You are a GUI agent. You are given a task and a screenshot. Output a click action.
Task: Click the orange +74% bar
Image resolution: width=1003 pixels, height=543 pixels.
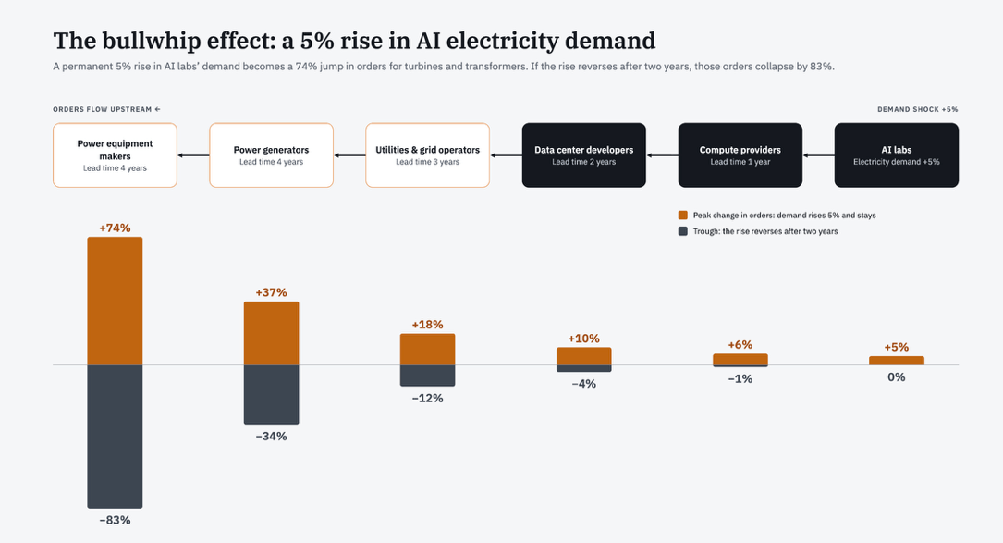pos(116,301)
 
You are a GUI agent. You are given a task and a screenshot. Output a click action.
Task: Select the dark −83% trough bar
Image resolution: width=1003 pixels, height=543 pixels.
pos(116,437)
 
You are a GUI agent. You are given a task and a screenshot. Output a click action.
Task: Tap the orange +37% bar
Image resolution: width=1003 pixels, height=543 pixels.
pos(271,333)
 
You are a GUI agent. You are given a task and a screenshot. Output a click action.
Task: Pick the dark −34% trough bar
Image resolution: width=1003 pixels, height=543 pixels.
pos(271,394)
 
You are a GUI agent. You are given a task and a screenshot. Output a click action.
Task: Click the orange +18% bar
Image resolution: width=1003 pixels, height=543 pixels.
pos(427,349)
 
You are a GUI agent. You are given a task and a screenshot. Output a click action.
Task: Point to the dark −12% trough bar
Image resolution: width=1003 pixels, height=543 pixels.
pos(427,376)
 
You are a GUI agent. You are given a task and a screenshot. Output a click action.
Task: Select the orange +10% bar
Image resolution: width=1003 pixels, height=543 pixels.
pos(584,356)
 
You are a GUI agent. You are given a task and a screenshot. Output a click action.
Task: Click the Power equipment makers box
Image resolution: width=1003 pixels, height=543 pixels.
pos(116,155)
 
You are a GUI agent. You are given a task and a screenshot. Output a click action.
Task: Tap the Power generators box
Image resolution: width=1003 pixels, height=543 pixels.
pos(271,155)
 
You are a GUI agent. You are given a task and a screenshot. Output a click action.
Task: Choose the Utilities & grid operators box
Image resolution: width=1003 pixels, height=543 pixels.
pos(427,155)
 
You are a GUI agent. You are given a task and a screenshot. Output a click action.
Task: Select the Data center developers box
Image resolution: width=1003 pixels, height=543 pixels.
pos(584,155)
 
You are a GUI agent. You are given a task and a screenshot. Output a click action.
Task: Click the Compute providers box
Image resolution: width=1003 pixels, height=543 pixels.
pos(740,155)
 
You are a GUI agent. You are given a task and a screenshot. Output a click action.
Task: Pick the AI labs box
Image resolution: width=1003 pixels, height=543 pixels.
pos(896,155)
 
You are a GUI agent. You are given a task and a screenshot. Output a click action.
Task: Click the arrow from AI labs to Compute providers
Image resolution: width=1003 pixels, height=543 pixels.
pos(819,155)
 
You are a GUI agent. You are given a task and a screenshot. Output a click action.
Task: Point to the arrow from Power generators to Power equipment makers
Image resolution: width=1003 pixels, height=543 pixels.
pos(193,155)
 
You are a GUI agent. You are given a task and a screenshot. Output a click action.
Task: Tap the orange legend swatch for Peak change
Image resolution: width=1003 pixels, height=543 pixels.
pos(683,216)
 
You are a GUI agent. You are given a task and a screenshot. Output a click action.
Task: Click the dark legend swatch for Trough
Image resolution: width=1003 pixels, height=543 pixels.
pos(683,231)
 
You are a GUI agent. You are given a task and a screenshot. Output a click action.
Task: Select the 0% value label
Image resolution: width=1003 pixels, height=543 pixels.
pos(896,377)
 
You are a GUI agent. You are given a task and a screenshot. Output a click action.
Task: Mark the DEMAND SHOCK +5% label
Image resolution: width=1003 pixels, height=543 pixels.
pos(918,109)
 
